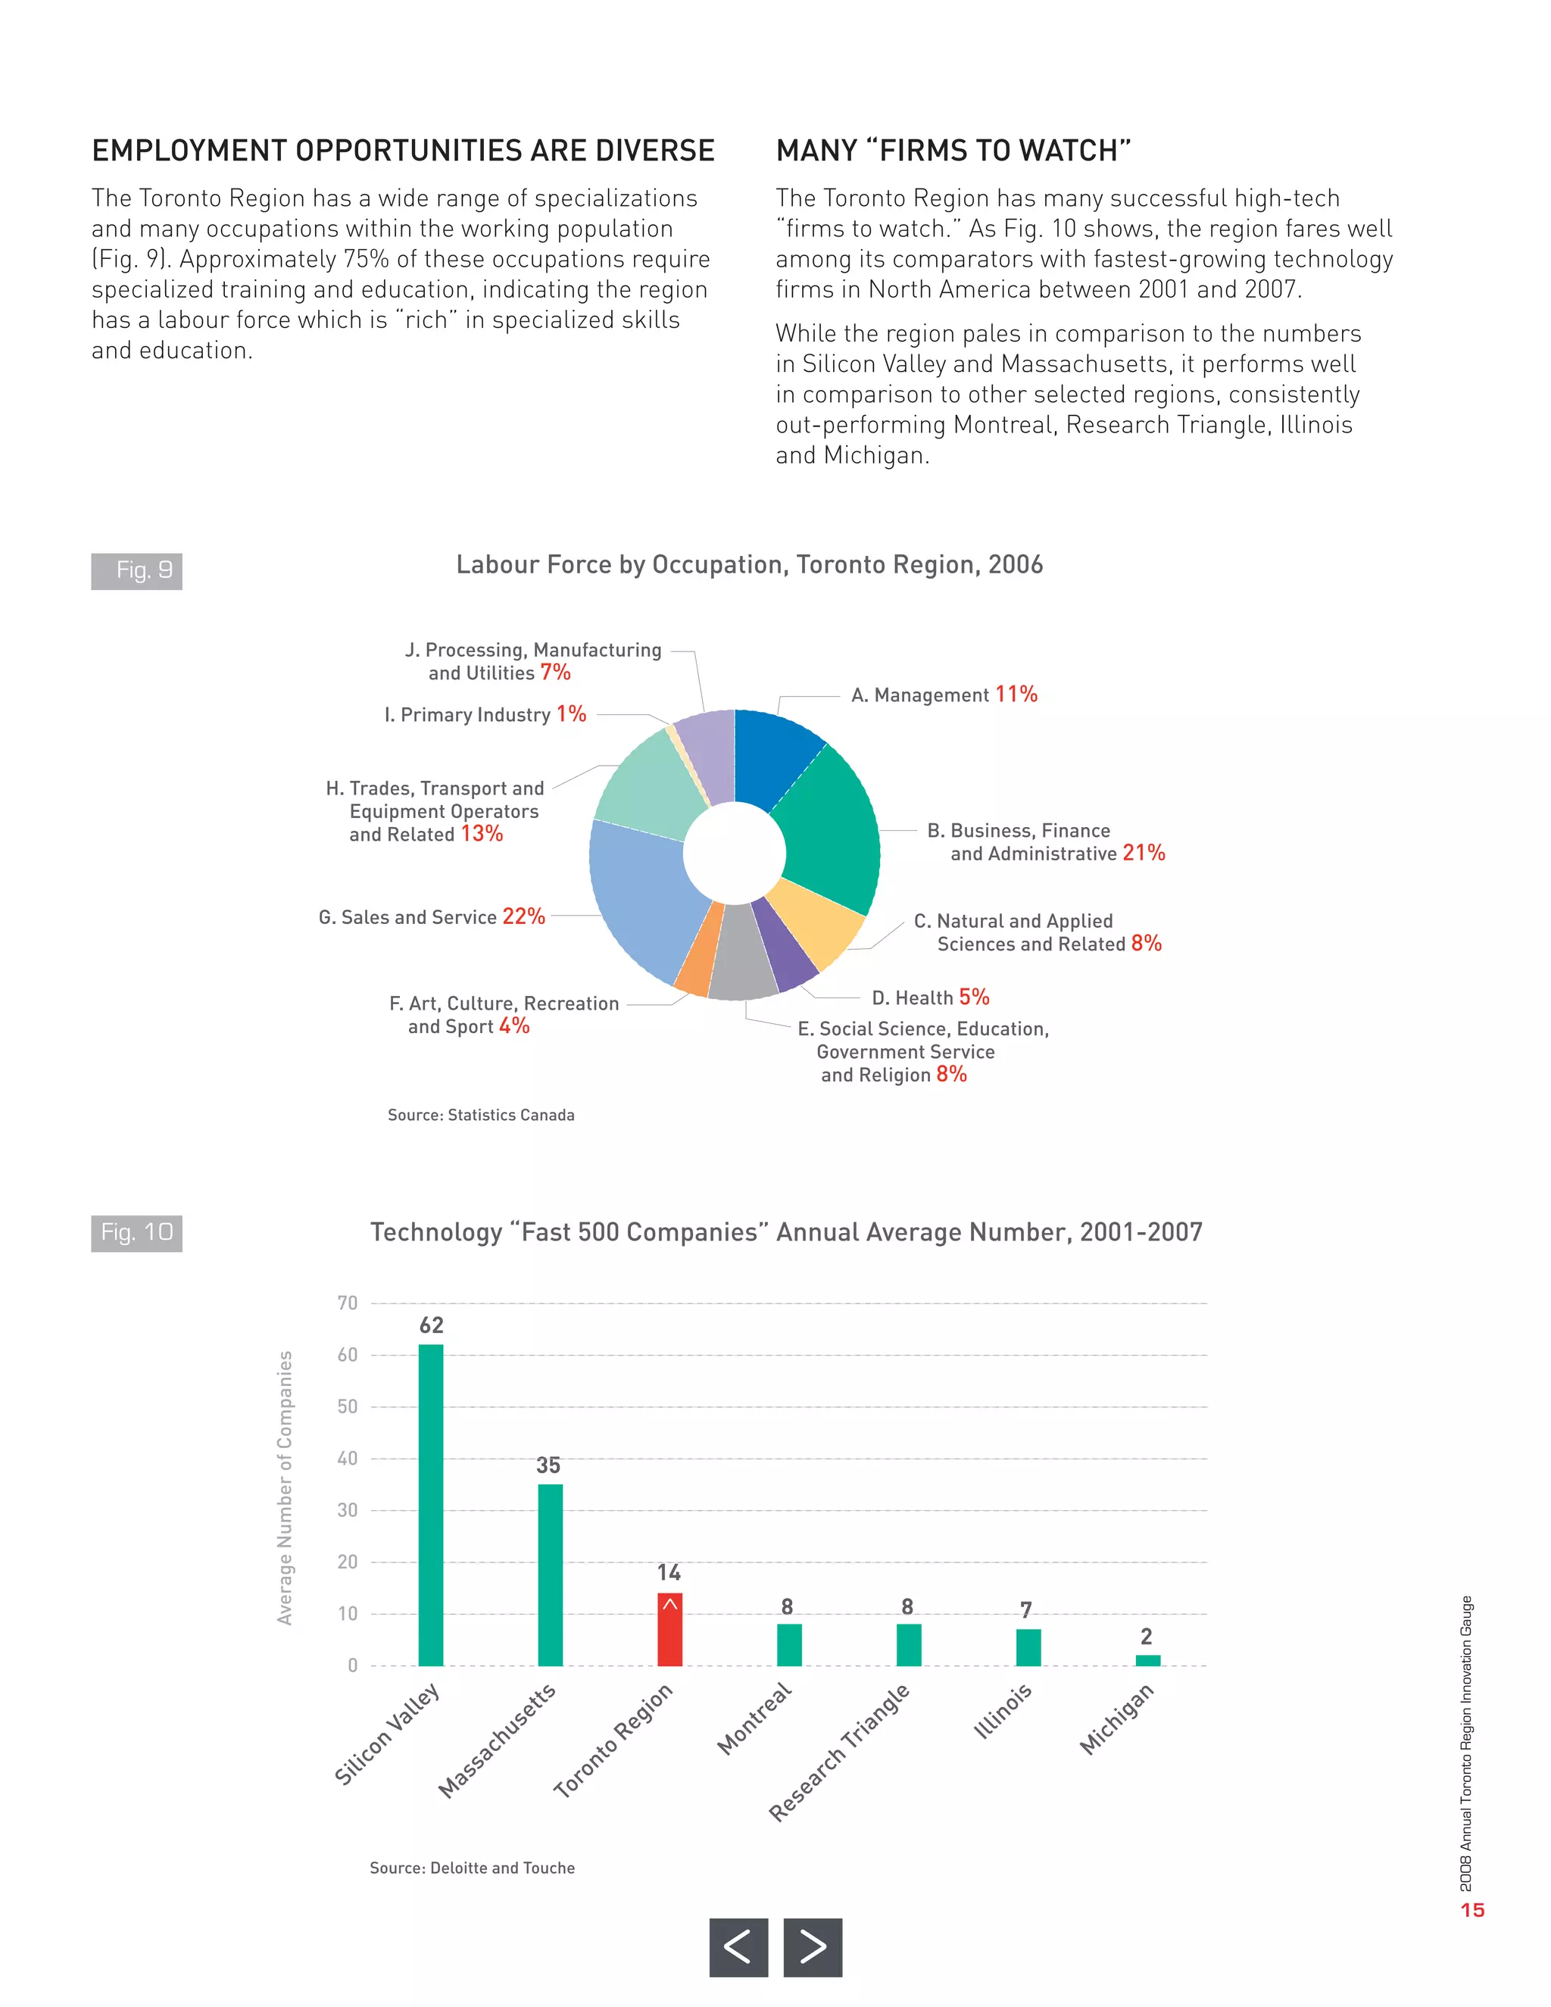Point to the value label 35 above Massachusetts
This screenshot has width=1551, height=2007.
pyautogui.click(x=548, y=1465)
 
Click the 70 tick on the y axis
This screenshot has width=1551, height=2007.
pyautogui.click(x=348, y=1303)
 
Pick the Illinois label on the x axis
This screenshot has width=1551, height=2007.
pyautogui.click(x=1003, y=1711)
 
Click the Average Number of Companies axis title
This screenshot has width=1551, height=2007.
pyautogui.click(x=285, y=1487)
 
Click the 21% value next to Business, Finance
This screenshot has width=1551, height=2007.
pyautogui.click(x=1143, y=853)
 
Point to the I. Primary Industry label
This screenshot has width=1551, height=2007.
pyautogui.click(x=484, y=714)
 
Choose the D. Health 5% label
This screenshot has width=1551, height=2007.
pyautogui.click(x=930, y=997)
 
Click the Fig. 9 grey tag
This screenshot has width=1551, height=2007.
pyautogui.click(x=137, y=571)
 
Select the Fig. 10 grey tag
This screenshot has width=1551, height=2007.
pyautogui.click(x=137, y=1232)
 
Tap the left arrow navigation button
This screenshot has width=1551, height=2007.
pyautogui.click(x=738, y=1946)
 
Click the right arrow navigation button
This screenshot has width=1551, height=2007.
pyautogui.click(x=813, y=1946)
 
